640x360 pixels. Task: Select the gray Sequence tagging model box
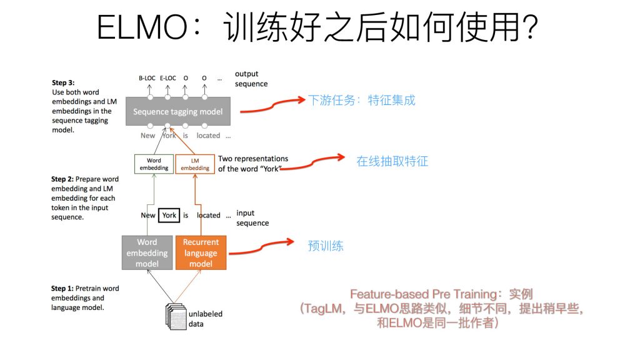point(177,112)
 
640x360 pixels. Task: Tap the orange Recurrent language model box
point(201,252)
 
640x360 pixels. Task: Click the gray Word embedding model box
point(147,252)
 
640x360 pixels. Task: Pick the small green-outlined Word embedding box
point(154,164)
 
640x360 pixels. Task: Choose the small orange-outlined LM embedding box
point(195,164)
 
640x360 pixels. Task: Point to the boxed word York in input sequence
point(169,215)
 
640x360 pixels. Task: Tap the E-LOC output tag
point(167,78)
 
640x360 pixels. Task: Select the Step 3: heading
point(62,82)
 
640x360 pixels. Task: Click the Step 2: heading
point(62,179)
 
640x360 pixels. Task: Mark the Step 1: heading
point(62,289)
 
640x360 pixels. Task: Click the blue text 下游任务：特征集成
point(361,100)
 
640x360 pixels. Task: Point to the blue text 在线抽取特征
point(392,161)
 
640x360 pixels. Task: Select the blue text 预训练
point(326,246)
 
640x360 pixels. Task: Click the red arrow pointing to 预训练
point(262,248)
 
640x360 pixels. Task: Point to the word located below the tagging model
point(208,135)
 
